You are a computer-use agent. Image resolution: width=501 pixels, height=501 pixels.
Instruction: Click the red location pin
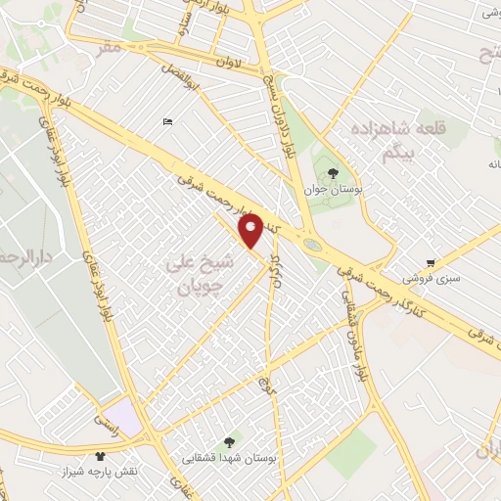[251, 231]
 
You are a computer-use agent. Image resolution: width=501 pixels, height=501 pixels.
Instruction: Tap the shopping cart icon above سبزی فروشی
[431, 262]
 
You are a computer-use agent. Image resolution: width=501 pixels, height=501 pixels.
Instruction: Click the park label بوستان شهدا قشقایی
[230, 457]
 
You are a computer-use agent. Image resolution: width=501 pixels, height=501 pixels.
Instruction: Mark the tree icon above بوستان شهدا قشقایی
[230, 441]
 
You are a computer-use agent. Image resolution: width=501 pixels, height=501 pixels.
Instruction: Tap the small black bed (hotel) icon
[167, 121]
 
